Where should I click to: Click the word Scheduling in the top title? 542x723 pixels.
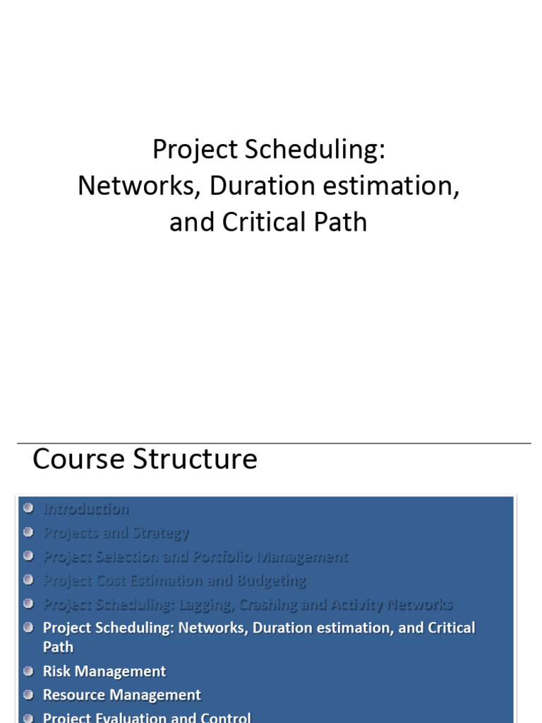coord(315,150)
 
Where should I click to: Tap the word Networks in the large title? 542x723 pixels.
coord(138,186)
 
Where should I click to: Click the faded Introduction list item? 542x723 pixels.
coord(86,509)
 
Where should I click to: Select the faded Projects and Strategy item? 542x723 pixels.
coord(116,533)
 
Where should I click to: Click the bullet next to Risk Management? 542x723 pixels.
coord(28,670)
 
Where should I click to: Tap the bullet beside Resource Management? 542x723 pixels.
coord(28,694)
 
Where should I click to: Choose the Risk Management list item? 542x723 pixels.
coord(104,671)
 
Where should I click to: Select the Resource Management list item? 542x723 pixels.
coord(122,695)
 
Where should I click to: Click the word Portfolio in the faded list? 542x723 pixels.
coord(223,557)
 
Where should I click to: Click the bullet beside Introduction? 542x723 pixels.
coord(28,508)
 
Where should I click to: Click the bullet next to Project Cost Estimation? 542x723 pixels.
coord(28,580)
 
